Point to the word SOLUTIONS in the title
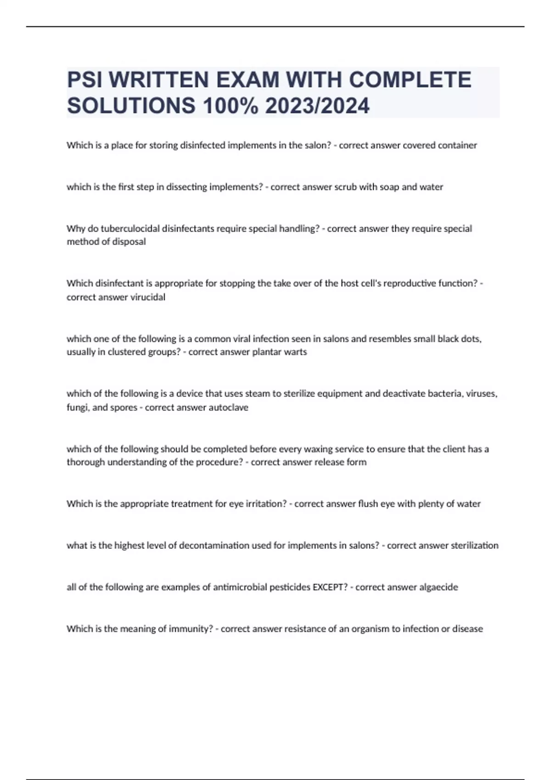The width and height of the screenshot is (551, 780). (131, 106)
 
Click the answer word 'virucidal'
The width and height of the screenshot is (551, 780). (148, 297)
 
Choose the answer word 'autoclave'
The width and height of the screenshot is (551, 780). (228, 407)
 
